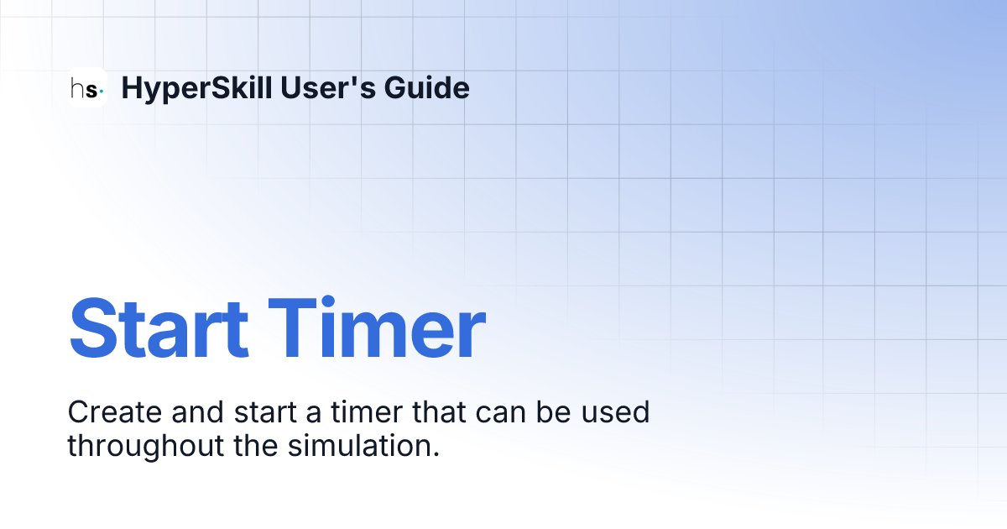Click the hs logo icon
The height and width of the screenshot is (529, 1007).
point(87,87)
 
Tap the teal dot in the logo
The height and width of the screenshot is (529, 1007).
point(102,89)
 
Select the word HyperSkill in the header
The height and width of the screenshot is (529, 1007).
point(196,87)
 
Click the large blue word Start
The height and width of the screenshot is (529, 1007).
point(159,328)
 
